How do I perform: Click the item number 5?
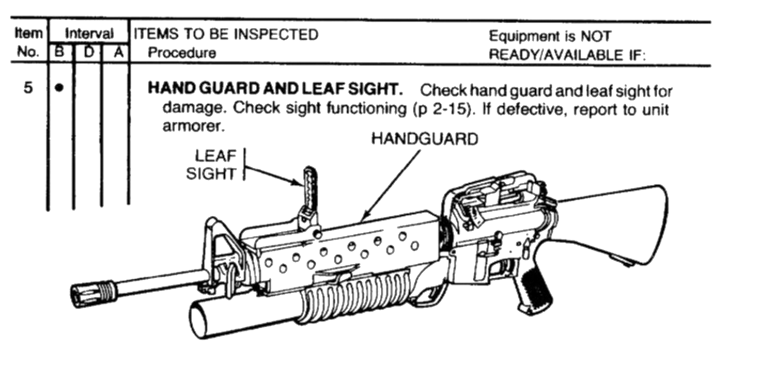28,88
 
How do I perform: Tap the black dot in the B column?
60,88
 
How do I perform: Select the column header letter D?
88,53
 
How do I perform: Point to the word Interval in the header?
88,34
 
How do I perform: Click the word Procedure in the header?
182,53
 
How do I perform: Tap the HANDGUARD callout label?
425,139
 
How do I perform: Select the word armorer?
194,127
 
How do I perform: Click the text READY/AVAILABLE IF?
567,55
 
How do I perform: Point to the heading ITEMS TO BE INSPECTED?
226,34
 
